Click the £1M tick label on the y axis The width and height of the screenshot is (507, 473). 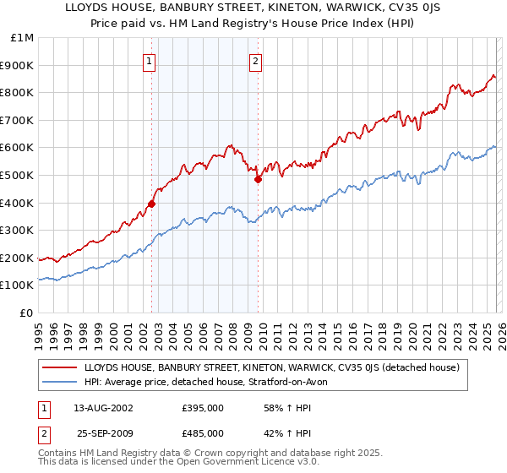pyautogui.click(x=23, y=37)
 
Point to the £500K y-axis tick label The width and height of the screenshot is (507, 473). pyautogui.click(x=19, y=175)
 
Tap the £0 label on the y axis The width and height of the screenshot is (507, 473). pyautogui.click(x=28, y=313)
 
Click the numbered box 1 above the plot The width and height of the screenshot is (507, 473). pyautogui.click(x=150, y=61)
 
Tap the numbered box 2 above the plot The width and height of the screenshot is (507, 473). pyautogui.click(x=255, y=61)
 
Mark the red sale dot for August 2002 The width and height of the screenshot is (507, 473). pyautogui.click(x=152, y=204)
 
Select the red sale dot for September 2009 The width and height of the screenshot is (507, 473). pyautogui.click(x=258, y=179)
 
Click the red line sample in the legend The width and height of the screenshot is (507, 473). pyautogui.click(x=61, y=367)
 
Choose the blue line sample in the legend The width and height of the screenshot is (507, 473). pyautogui.click(x=61, y=383)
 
